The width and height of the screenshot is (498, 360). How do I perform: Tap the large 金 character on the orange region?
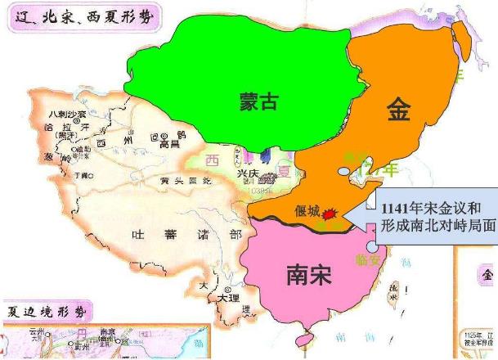(x=399, y=110)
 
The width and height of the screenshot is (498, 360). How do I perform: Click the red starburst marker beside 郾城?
(x=330, y=214)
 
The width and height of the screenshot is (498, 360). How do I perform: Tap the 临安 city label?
(x=369, y=259)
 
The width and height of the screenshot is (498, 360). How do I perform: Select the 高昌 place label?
(x=171, y=143)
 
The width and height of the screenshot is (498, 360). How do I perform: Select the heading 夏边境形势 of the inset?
(x=49, y=310)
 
